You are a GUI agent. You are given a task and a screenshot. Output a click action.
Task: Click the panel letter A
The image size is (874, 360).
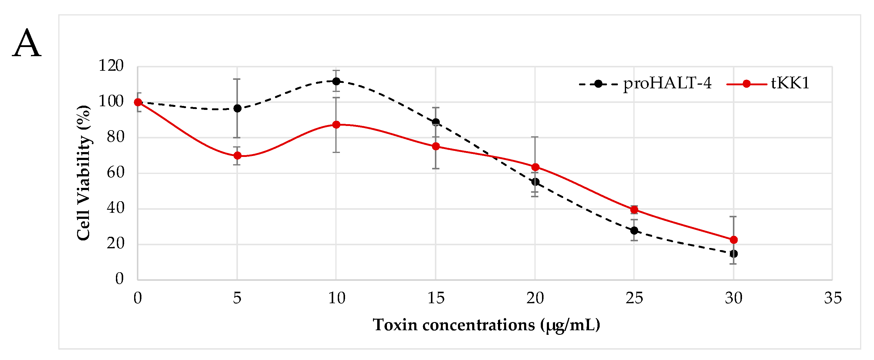(x=27, y=43)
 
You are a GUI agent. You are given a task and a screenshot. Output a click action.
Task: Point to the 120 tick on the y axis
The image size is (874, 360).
(x=110, y=66)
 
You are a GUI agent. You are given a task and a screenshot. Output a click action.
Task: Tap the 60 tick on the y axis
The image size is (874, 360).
(x=115, y=173)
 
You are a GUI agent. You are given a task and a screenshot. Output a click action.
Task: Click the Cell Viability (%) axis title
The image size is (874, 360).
(x=83, y=173)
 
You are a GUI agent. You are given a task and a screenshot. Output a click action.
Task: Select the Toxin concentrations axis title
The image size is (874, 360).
(x=486, y=325)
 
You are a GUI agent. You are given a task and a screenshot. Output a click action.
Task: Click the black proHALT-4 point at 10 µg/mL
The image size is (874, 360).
(x=336, y=81)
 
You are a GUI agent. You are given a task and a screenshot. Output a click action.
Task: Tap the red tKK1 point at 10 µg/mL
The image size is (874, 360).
(x=336, y=125)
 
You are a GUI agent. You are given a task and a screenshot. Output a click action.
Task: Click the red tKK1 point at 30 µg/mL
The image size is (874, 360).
(x=733, y=240)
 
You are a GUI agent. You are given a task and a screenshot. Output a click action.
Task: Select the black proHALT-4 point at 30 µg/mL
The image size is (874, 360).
(x=733, y=254)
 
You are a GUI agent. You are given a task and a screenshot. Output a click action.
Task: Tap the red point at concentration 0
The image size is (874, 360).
(x=138, y=102)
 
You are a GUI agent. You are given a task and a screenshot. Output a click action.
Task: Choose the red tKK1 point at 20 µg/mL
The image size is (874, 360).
(x=535, y=167)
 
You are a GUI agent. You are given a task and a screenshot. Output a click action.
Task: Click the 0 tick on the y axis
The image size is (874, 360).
(x=120, y=279)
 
